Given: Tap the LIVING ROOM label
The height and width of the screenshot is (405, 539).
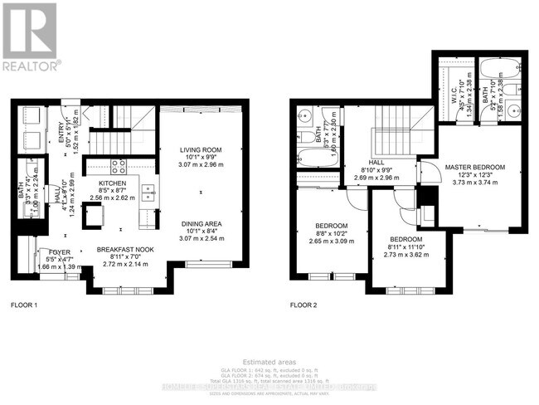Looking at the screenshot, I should tap(200, 150).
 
